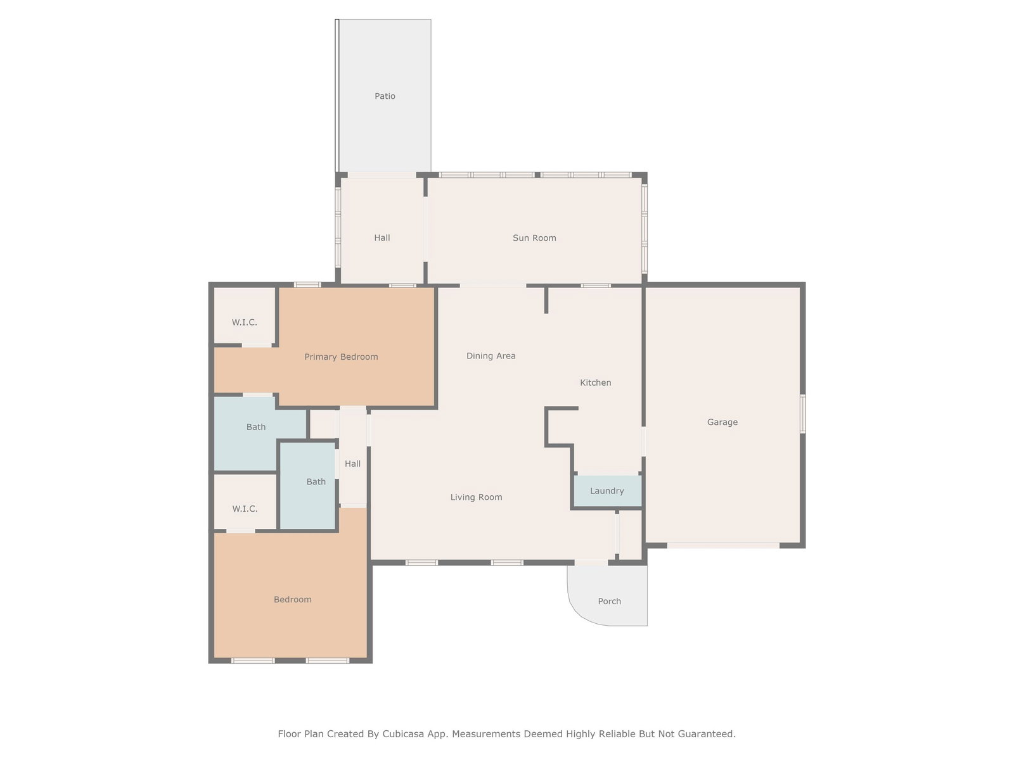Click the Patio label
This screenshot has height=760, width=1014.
(384, 96)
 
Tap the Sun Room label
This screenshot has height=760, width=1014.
(534, 237)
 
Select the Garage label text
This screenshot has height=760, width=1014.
(722, 422)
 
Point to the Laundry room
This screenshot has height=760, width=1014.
(607, 490)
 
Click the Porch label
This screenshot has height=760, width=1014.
(609, 601)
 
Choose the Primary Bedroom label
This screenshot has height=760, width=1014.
(341, 357)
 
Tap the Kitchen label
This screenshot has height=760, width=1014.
(596, 382)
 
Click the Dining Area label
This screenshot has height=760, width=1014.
(491, 356)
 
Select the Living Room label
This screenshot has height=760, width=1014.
(476, 497)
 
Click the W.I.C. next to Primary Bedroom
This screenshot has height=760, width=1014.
(245, 322)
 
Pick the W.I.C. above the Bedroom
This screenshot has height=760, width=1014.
(245, 509)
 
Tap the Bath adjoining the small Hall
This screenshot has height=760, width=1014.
(316, 481)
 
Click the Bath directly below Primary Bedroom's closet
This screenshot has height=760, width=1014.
(256, 427)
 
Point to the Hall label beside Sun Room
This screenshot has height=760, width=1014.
(382, 237)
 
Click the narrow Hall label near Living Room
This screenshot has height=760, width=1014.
(352, 464)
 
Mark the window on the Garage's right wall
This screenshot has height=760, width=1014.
(803, 414)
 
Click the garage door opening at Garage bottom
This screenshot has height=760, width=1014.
(724, 545)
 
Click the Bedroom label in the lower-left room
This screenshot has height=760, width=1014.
(292, 599)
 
